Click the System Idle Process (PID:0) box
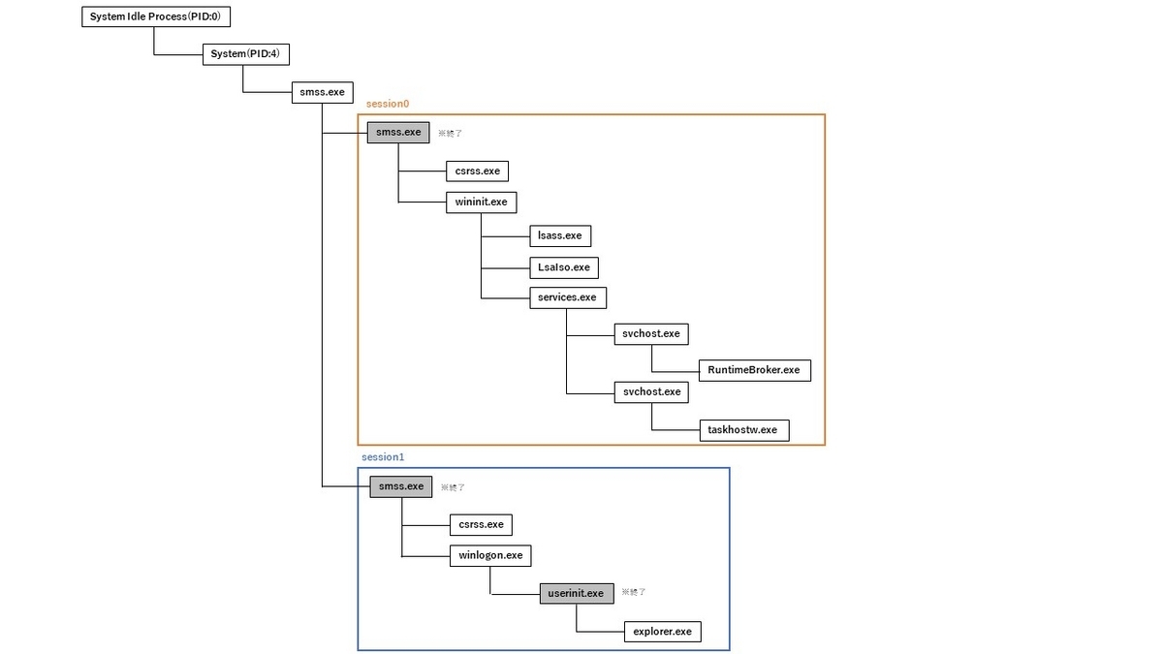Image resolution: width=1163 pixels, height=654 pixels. pos(155,16)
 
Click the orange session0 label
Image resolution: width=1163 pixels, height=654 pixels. pos(388,104)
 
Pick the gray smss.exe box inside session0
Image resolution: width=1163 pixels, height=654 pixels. pos(397,133)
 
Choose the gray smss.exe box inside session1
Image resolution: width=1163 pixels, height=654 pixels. pos(400,486)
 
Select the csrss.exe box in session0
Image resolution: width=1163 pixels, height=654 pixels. pos(477,171)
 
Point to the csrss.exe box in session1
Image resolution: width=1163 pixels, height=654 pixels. pos(481,524)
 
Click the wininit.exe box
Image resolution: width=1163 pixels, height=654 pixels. pos(481,202)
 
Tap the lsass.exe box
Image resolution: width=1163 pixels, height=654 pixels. pos(560,234)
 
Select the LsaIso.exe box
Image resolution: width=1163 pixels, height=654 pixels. pos(564,266)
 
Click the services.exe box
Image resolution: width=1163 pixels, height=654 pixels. pos(567,297)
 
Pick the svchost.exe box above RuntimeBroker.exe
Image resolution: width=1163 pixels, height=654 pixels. pos(651,333)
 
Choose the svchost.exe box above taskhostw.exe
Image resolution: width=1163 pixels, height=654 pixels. pos(651,391)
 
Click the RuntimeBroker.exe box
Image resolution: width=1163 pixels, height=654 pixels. pos(754,369)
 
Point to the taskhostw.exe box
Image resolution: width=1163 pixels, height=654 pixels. pos(742,429)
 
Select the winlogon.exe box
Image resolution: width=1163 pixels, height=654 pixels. pos(490,555)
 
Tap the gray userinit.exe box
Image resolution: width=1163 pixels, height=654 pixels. pos(576,593)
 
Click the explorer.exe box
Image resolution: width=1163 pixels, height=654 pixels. pos(662,631)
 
